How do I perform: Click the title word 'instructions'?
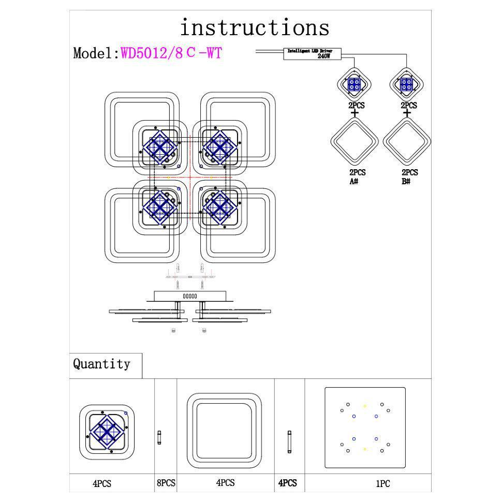(x=254, y=27)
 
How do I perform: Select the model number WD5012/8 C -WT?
(x=171, y=53)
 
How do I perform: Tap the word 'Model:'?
(x=96, y=53)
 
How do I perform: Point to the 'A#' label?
(x=355, y=181)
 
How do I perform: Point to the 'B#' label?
(x=406, y=181)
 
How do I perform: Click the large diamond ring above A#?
(x=355, y=141)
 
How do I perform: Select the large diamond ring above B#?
(x=407, y=141)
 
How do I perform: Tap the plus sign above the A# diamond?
(x=355, y=113)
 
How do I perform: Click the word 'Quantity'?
(x=101, y=364)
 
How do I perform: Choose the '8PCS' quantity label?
(x=166, y=483)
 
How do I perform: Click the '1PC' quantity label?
(x=382, y=484)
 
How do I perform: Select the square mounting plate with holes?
(x=365, y=427)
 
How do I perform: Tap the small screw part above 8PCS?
(x=159, y=436)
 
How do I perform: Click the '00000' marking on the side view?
(x=190, y=296)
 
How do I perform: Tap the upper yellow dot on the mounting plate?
(x=365, y=406)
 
